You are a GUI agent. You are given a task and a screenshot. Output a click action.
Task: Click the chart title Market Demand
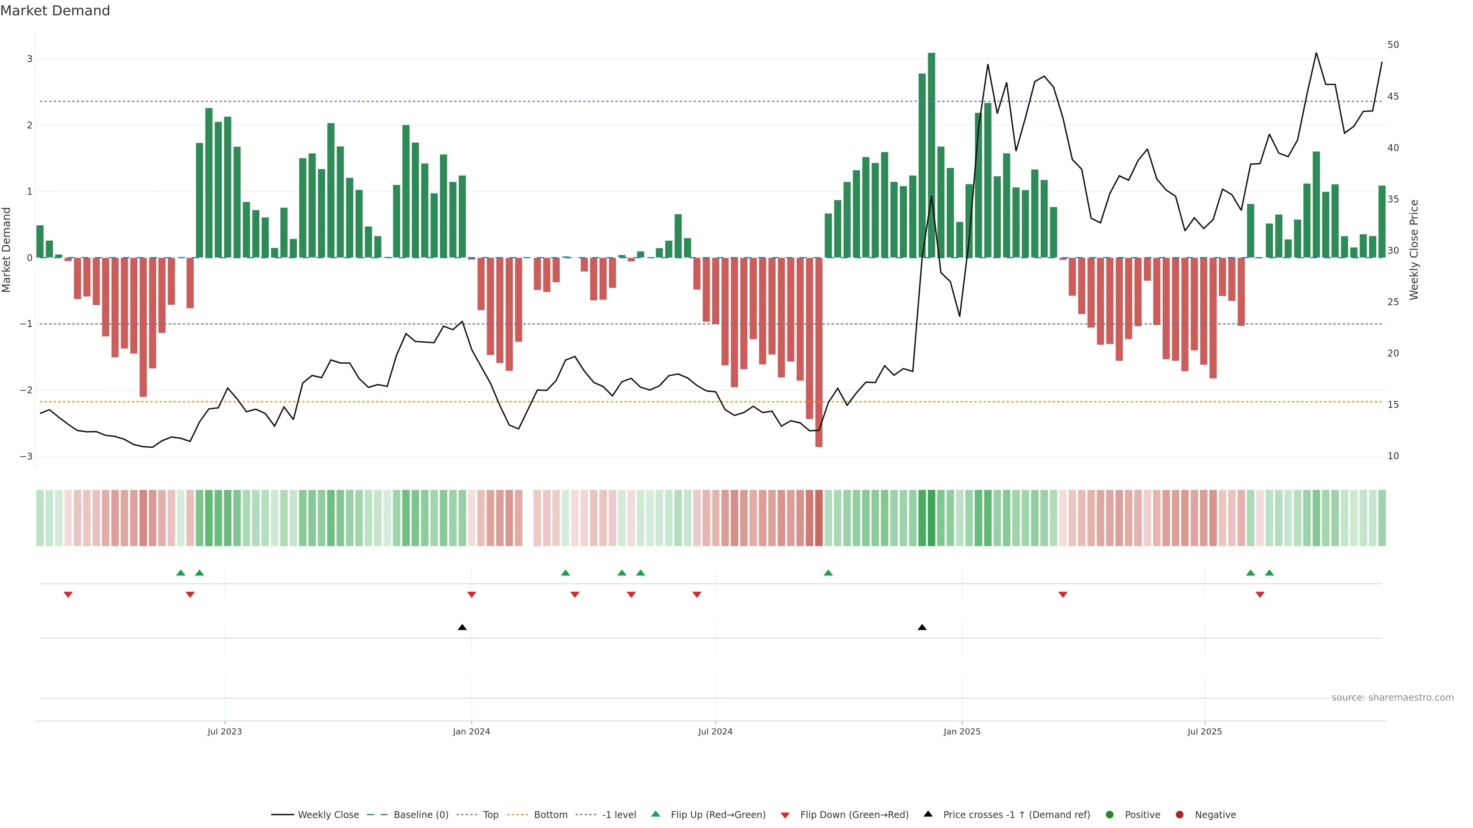point(55,11)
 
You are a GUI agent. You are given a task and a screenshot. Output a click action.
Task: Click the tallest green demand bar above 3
point(931,154)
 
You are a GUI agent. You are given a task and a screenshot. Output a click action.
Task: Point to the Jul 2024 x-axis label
point(715,731)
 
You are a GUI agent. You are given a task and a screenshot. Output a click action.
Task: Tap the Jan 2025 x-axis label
point(962,731)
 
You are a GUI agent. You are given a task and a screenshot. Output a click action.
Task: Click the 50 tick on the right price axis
point(1393,44)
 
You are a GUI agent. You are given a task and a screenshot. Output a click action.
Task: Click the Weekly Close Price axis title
point(1414,250)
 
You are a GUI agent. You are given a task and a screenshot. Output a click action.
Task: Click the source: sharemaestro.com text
point(1392,698)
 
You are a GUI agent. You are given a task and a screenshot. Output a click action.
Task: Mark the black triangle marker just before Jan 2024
point(462,628)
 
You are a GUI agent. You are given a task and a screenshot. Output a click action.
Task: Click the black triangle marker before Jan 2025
point(922,628)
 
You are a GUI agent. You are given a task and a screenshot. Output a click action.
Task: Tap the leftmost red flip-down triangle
point(68,595)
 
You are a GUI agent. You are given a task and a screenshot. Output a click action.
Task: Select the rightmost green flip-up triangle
point(1269,573)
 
